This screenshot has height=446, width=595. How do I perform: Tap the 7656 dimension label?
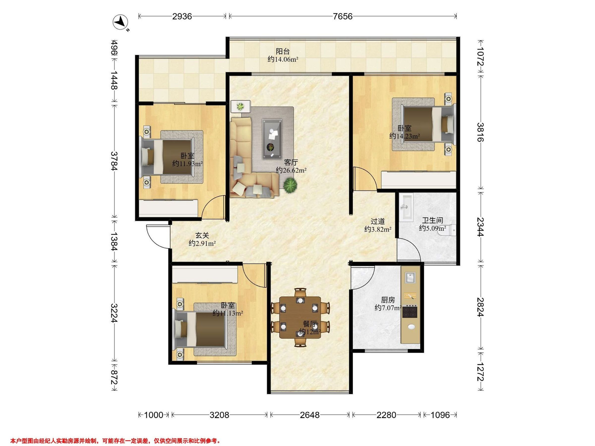coord(342,17)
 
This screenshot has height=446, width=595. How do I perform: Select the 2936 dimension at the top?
coord(182,17)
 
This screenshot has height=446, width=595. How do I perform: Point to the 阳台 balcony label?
coord(283,51)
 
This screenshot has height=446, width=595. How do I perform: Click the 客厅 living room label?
coord(291,162)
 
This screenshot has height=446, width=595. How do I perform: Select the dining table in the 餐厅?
coord(300,317)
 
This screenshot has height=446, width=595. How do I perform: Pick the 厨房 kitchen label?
coord(388,300)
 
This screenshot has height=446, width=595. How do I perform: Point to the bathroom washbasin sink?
coord(406,208)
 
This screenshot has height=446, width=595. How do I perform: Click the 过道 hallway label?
coord(378,222)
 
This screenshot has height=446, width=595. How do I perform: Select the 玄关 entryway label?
coord(202,235)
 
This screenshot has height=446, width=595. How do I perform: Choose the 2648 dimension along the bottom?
coord(310,415)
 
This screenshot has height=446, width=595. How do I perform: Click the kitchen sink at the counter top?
coord(410,278)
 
